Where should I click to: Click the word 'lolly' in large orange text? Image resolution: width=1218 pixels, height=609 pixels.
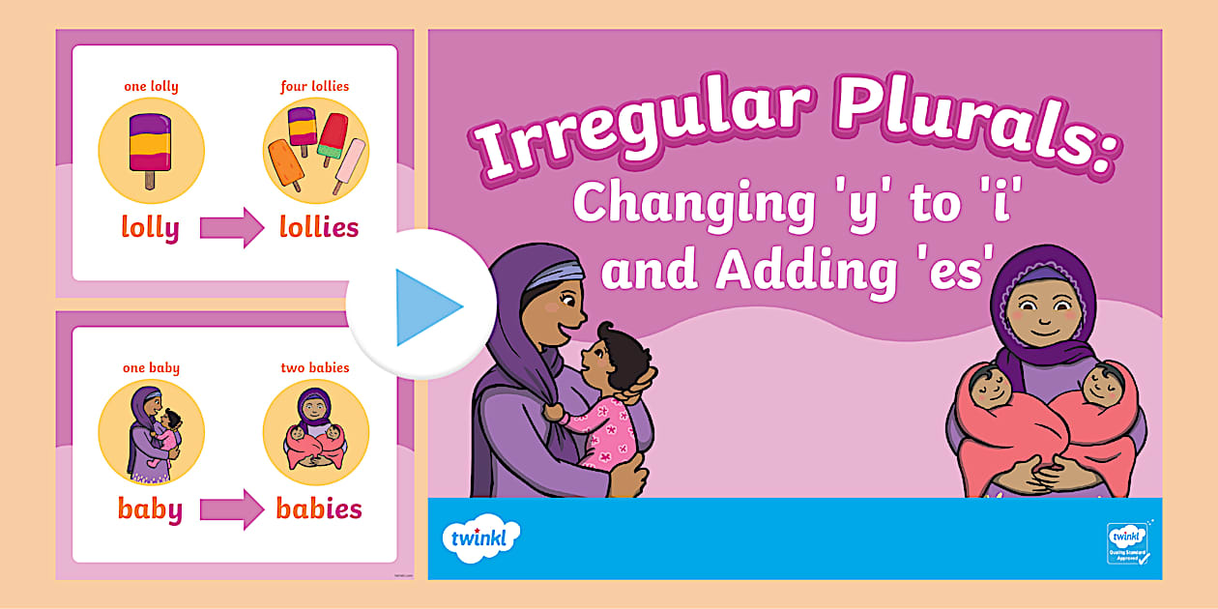tap(150, 228)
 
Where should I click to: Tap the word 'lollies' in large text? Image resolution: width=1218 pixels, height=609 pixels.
tap(318, 228)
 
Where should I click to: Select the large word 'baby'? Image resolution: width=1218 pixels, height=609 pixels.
tap(150, 509)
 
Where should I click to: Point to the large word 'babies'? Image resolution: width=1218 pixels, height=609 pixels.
tap(319, 509)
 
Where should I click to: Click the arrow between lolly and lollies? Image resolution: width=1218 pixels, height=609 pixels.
tap(232, 229)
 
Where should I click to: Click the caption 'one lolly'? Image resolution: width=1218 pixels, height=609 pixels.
tap(151, 87)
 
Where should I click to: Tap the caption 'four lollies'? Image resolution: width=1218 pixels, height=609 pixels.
tap(315, 87)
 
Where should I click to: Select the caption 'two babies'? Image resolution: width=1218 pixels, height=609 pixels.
tap(315, 368)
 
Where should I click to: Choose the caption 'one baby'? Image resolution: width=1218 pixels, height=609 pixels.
tap(151, 368)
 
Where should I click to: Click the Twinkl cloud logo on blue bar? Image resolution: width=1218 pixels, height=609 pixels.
tap(480, 538)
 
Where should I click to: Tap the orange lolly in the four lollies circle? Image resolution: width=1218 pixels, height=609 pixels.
tap(285, 164)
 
